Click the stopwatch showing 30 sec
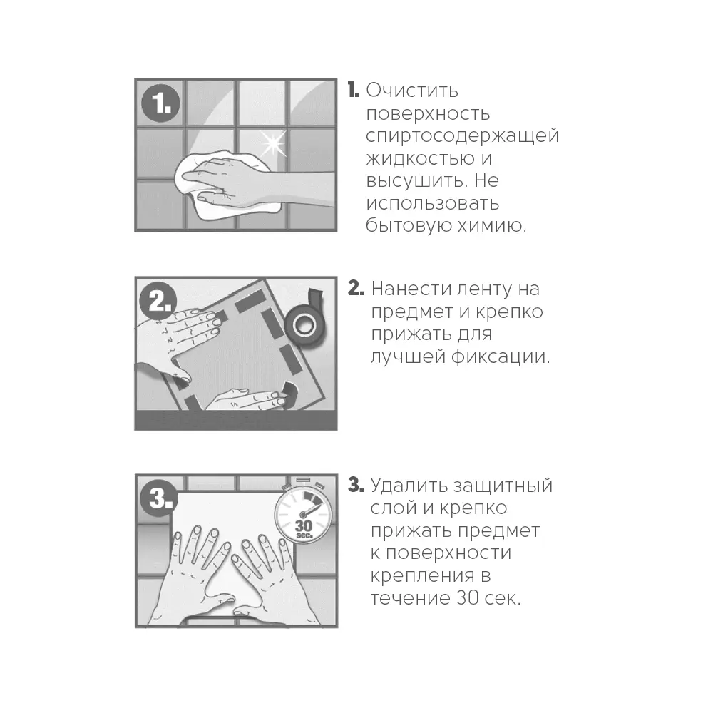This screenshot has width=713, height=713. pos(302,513)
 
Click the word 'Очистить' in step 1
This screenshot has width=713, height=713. pos(412,91)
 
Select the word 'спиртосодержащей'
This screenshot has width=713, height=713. pos(462,136)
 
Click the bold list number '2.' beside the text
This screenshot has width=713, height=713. pos(356,289)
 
